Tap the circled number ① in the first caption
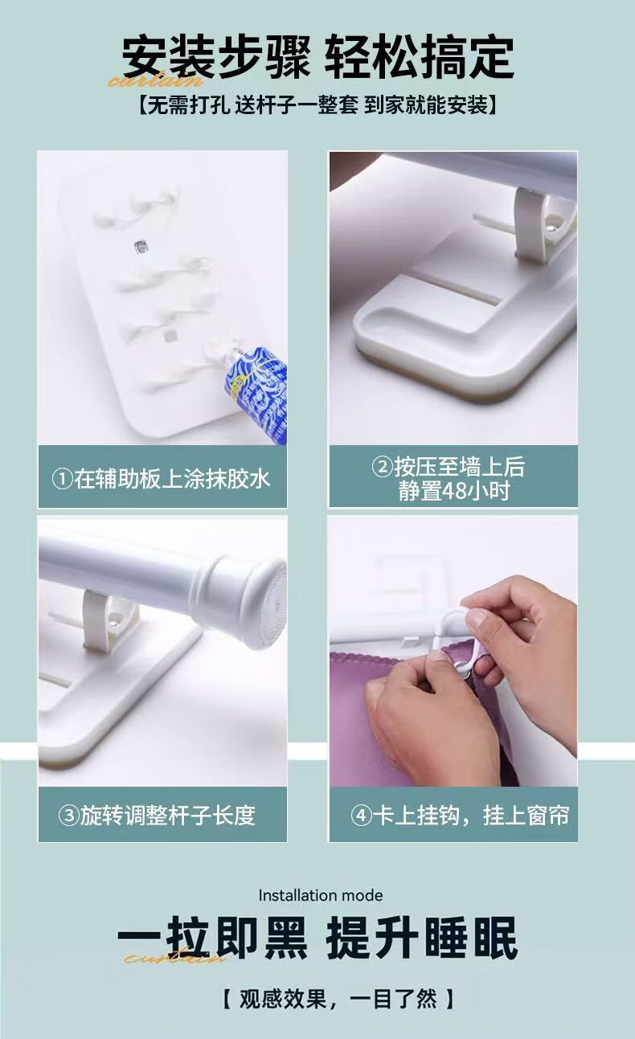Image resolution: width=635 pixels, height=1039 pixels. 62,479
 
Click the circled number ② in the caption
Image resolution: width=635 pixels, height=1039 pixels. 383,467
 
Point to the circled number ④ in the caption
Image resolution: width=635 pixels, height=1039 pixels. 362,816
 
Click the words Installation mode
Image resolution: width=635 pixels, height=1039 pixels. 321,895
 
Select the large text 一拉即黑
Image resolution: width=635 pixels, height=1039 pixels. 212,938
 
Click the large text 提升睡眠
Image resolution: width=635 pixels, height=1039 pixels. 422,938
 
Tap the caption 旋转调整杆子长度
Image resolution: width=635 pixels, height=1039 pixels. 168,816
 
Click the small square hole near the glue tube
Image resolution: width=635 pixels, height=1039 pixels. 170,335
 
